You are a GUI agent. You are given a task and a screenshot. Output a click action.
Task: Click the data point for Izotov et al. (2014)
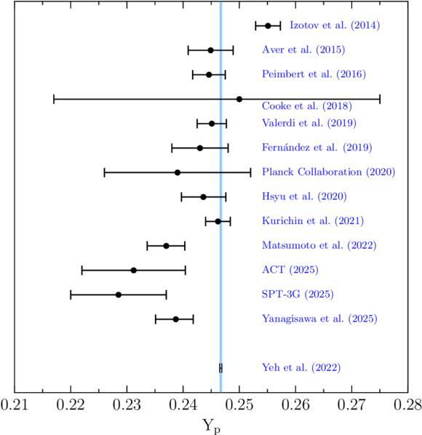268,25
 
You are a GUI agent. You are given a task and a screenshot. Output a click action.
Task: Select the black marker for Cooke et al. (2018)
239,99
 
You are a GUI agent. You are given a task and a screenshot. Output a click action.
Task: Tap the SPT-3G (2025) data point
119,295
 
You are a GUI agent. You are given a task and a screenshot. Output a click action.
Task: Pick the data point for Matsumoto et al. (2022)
166,246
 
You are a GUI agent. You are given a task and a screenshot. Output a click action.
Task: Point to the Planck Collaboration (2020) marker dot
178,172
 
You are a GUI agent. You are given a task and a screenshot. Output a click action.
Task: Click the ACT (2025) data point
133,270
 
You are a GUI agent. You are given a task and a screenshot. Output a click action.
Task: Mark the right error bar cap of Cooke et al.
380,99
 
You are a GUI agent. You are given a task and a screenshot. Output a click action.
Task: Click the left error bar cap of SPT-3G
71,295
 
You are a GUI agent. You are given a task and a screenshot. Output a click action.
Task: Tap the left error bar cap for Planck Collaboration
104,172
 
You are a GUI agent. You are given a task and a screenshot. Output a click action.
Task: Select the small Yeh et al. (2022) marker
221,368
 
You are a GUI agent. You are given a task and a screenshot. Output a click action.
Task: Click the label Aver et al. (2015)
303,49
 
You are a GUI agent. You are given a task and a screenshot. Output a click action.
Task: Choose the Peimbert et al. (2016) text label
314,74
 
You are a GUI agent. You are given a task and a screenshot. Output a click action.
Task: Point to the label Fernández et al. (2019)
316,147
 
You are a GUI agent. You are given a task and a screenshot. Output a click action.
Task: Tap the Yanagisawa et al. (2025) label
319,319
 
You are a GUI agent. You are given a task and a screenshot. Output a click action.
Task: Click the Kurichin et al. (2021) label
313,221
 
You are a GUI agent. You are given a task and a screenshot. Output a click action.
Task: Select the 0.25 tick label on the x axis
239,405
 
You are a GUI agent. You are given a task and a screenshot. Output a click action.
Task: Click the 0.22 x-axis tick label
71,405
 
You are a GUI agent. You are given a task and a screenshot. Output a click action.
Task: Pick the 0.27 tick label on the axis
351,405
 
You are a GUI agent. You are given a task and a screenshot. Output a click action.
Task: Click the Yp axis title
212,426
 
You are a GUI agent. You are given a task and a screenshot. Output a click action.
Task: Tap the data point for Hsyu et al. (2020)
203,197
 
